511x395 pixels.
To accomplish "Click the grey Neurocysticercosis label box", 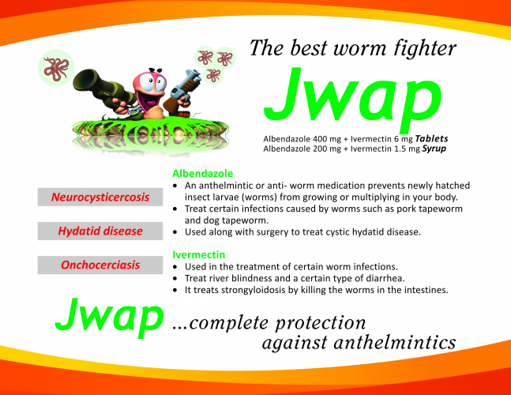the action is [x=100, y=197].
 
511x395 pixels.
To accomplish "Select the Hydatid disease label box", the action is [x=100, y=231].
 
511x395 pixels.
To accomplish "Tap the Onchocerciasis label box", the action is [x=100, y=265].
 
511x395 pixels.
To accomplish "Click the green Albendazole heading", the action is [x=203, y=173].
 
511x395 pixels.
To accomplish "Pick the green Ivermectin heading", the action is [x=198, y=254].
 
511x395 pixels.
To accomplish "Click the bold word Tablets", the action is [x=431, y=139].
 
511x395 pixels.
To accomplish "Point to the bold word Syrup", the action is [x=434, y=149].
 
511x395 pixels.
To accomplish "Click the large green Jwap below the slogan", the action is [x=352, y=98].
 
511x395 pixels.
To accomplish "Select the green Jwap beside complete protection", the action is [x=110, y=317].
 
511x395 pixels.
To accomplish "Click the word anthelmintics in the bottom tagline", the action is [x=395, y=343].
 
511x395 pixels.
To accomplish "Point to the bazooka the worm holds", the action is [x=102, y=88].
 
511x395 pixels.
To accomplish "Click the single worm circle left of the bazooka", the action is [x=56, y=68].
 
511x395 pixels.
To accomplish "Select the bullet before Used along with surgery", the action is [x=175, y=232].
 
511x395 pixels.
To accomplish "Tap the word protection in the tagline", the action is [x=321, y=323].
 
